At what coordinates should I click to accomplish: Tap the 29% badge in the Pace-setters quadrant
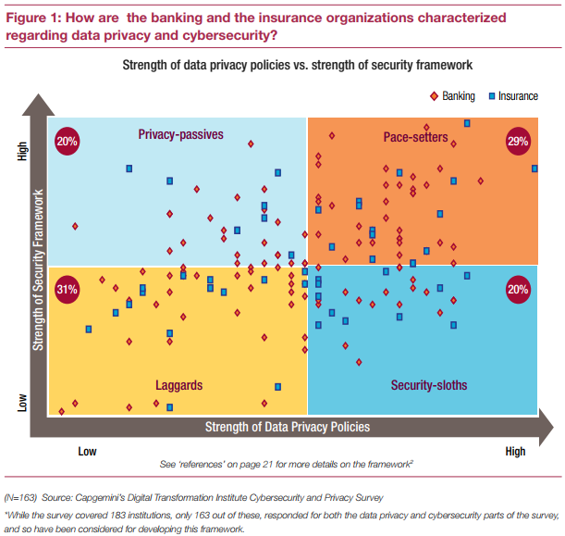(x=517, y=141)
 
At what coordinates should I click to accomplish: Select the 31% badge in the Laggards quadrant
(x=67, y=289)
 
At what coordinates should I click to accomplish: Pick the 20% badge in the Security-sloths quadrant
(x=517, y=289)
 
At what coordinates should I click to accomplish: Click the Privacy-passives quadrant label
(x=180, y=135)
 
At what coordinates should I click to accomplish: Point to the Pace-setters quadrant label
(x=415, y=138)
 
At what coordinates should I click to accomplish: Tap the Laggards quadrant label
(x=179, y=384)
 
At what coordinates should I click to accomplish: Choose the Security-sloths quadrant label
(x=429, y=384)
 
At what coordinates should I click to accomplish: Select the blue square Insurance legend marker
(x=491, y=95)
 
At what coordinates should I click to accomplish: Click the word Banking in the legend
(x=458, y=95)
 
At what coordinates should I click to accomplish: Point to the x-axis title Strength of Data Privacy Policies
(x=287, y=427)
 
